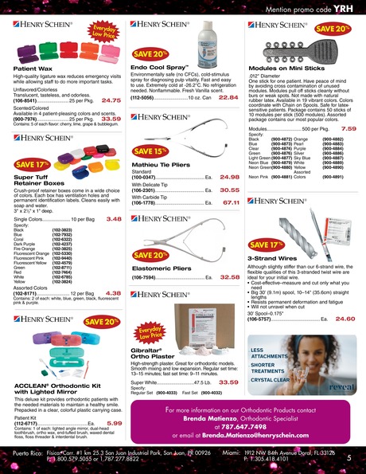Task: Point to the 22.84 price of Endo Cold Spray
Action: pyautogui.click(x=229, y=97)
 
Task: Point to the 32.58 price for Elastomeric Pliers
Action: pyautogui.click(x=229, y=277)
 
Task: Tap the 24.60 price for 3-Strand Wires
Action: pyautogui.click(x=345, y=319)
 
